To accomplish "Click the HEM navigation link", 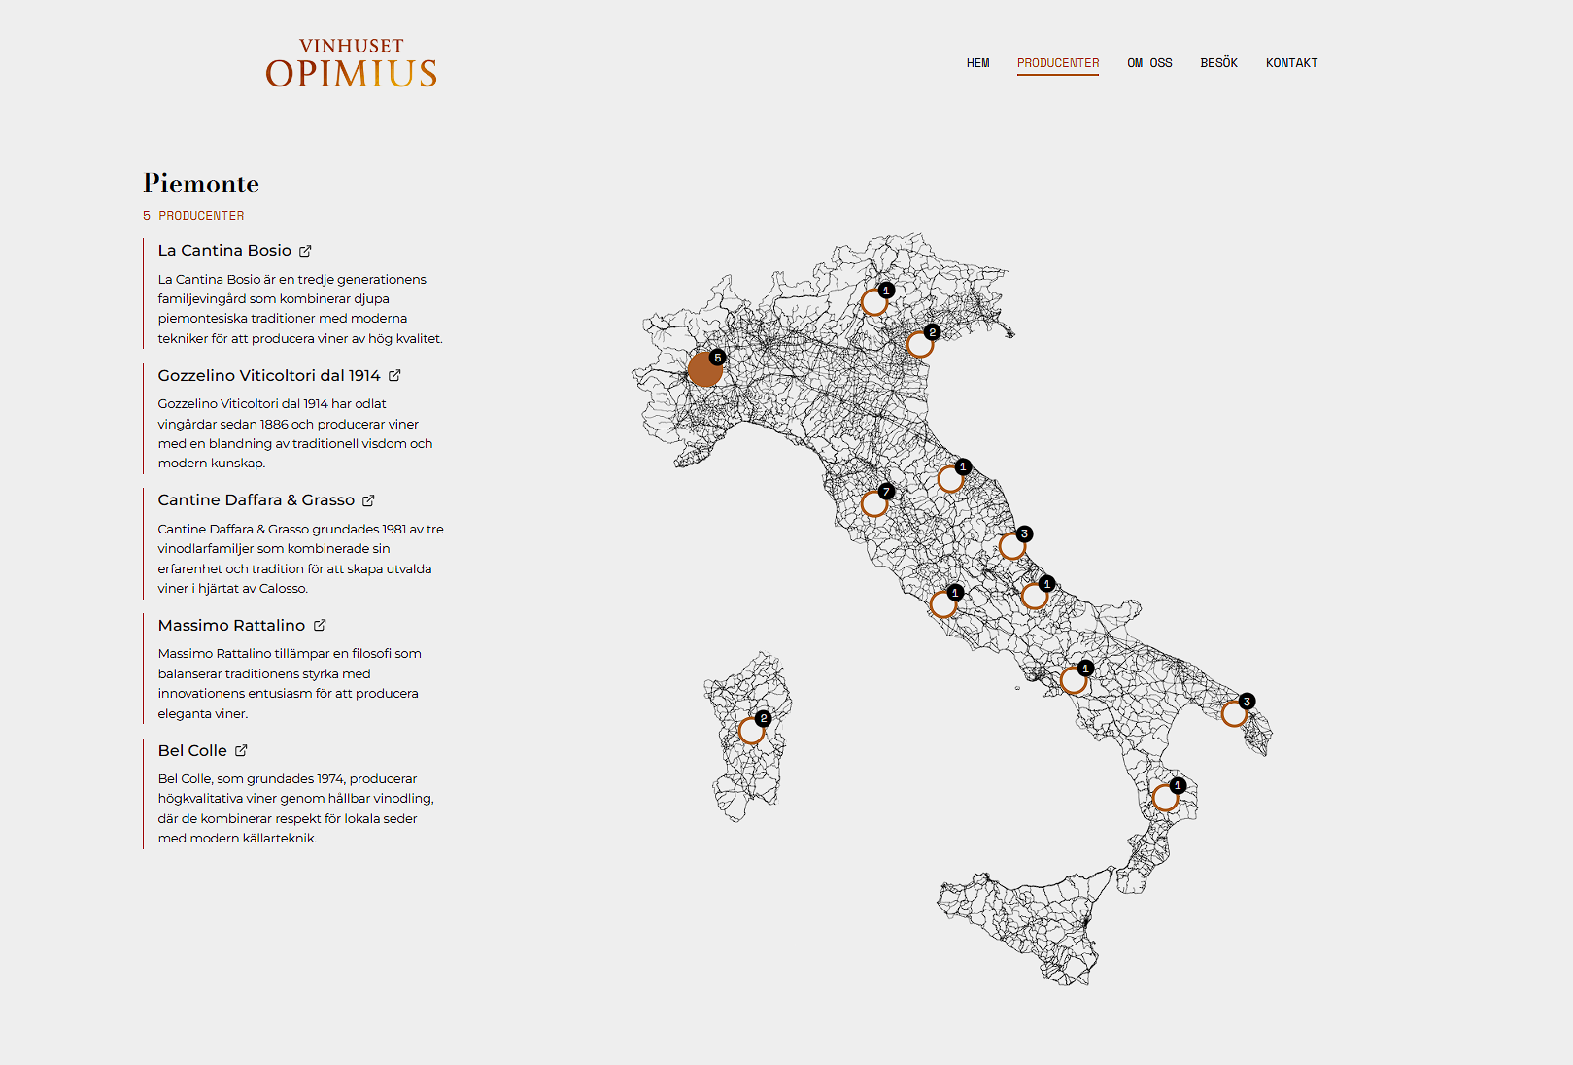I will pos(977,63).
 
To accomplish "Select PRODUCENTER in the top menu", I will pos(1058,63).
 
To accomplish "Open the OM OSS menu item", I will pos(1149,63).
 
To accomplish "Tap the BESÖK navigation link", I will pos(1218,63).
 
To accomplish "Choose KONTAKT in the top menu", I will pos(1291,63).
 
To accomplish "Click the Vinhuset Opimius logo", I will pos(352,64).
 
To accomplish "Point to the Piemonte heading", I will pos(201,184).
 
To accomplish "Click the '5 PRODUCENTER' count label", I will pos(194,216).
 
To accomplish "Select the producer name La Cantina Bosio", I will pos(224,251).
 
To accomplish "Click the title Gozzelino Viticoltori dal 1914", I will pos(269,376).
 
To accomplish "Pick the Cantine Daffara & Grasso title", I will pos(256,500).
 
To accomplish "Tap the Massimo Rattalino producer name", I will pos(231,626).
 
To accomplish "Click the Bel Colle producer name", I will pos(192,751).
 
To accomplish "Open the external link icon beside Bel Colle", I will pos(241,750).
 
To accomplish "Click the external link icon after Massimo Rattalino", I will pos(320,625).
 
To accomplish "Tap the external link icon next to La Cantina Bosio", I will pos(305,251).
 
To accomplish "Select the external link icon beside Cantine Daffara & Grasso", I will pos(368,500).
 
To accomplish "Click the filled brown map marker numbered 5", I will pos(704,369).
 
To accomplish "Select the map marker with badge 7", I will pos(874,503).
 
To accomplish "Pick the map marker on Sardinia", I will pos(751,730).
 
